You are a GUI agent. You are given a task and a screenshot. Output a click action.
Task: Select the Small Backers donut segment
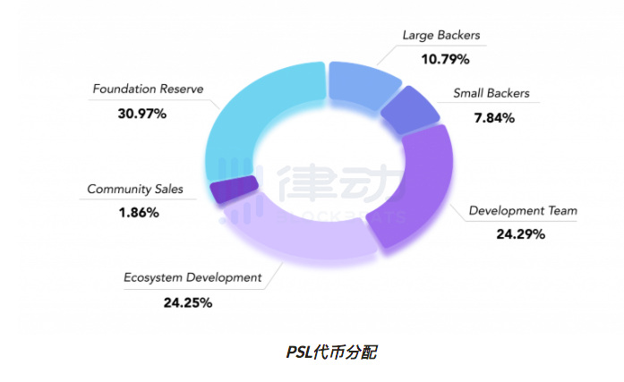409,111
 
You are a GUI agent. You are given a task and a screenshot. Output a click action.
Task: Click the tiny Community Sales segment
234,189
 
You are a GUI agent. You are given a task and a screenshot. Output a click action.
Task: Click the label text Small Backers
491,93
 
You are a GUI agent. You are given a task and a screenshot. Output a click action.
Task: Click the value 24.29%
520,234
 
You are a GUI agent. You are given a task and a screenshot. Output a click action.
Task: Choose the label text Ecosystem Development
192,277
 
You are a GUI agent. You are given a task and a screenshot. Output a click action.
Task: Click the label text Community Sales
135,189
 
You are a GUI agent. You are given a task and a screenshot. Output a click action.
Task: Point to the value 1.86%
137,213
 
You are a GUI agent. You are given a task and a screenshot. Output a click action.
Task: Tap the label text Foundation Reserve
149,89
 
